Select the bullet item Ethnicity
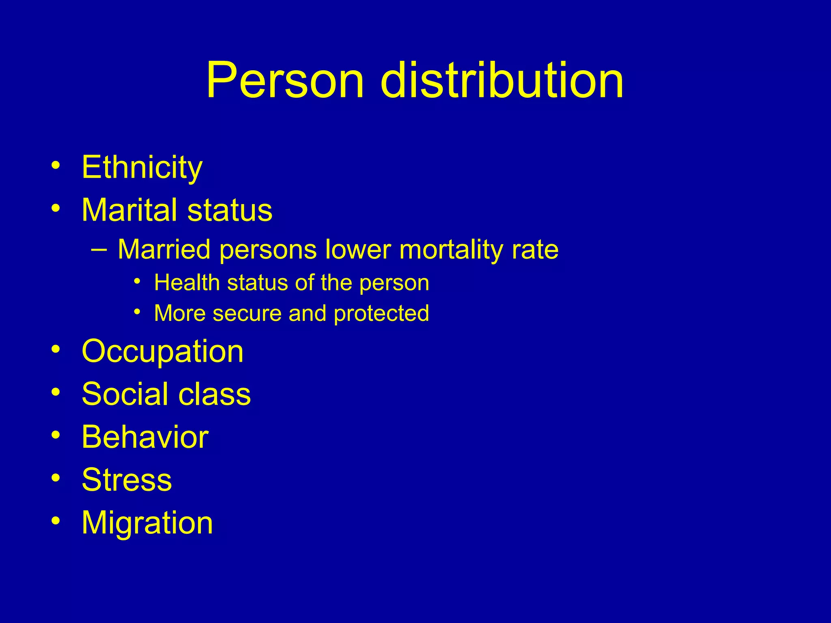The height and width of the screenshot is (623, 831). click(142, 167)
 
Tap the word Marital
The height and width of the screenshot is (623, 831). click(129, 210)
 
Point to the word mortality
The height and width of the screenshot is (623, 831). click(451, 250)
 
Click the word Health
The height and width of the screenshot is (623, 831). click(187, 283)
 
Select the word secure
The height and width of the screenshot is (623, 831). click(247, 314)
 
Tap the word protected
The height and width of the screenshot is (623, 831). click(381, 314)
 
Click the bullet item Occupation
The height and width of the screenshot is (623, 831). click(162, 351)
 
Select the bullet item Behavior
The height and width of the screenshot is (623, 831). click(145, 437)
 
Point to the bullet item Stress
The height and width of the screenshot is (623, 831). click(127, 480)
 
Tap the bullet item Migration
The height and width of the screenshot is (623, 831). click(147, 523)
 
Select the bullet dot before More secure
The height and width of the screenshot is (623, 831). click(138, 312)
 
